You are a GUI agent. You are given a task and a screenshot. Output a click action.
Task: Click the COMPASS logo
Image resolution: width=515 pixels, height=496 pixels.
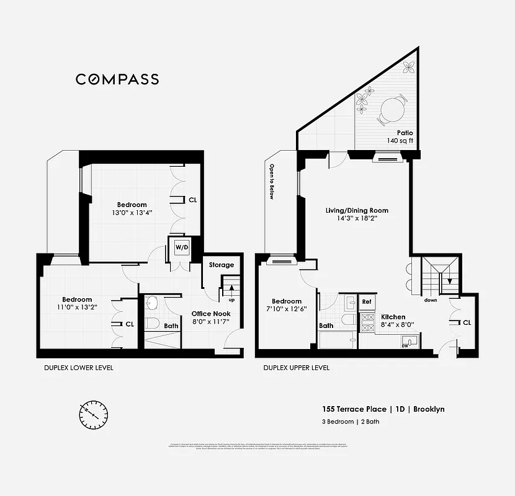click(x=117, y=79)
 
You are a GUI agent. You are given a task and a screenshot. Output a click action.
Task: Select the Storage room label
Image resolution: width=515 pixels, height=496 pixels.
click(x=221, y=265)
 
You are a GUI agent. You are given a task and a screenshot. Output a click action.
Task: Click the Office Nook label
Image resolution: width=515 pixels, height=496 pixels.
click(x=210, y=314)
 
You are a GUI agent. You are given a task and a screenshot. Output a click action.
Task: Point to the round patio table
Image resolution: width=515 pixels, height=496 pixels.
click(x=392, y=112)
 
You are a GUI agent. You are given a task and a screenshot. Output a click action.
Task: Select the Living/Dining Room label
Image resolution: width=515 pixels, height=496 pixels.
click(x=357, y=210)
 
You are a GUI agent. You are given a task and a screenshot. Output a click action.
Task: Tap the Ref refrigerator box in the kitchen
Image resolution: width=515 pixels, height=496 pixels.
click(x=366, y=302)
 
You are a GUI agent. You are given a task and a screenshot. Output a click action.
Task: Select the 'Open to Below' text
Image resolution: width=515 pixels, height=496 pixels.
click(x=271, y=182)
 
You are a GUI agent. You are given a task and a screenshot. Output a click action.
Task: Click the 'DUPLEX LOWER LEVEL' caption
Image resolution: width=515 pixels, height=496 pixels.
click(x=78, y=368)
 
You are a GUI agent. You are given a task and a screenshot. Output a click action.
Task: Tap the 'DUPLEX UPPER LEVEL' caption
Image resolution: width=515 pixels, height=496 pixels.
click(x=296, y=368)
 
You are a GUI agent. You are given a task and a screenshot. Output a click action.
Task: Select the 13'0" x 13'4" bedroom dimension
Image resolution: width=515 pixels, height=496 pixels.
click(x=132, y=213)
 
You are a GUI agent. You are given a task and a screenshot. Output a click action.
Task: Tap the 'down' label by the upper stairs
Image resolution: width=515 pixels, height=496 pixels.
click(x=431, y=300)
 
